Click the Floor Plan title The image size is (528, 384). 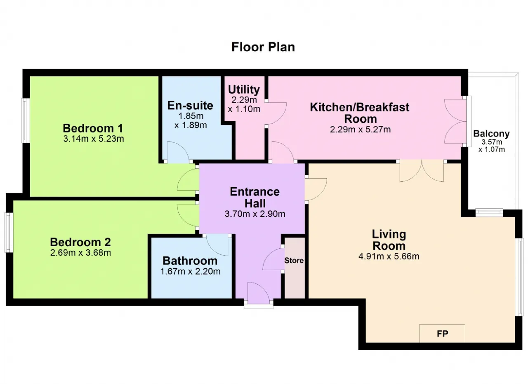263,47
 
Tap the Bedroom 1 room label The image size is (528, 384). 93,128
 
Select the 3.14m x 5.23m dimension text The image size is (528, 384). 94,139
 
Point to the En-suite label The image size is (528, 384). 190,105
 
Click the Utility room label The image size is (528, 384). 244,90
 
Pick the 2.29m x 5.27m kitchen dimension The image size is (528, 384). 361,130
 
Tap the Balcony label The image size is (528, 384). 491,134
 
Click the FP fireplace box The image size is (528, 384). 442,333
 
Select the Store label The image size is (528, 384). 294,261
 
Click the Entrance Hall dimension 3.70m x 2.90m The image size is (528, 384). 255,214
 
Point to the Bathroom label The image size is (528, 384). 190,261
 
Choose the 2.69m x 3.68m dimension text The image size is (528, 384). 80,253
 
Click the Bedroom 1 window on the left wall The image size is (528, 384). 26,120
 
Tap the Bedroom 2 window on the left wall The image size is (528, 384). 9,233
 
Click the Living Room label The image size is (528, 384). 389,240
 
